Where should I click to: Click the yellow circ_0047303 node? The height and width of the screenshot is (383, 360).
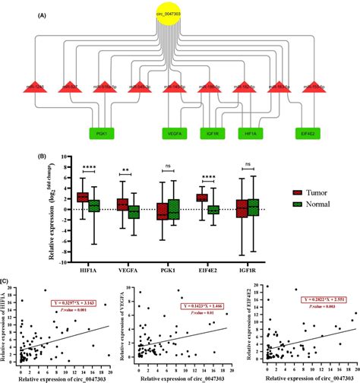tap(178, 14)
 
